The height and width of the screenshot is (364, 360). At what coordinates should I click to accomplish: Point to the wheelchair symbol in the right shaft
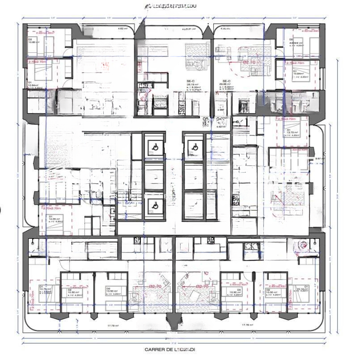click(194, 145)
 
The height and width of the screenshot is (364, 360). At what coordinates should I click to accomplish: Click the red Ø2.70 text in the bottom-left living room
click(155, 286)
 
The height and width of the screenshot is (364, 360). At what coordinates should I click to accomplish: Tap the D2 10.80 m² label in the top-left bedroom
click(34, 41)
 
